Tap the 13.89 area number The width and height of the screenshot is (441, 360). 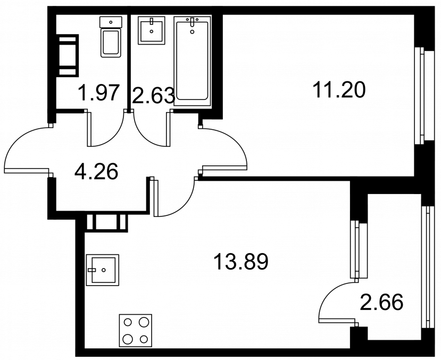[x=241, y=261]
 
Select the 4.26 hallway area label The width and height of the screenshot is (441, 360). [x=96, y=171]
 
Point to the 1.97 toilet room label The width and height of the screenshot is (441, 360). [x=98, y=92]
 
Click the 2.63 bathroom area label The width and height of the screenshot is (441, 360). [x=153, y=95]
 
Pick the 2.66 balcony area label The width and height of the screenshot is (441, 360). [x=381, y=302]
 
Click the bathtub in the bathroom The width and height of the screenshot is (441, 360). [x=193, y=61]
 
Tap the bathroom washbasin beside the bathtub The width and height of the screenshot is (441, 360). [x=151, y=30]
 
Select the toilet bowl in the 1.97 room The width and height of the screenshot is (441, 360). [x=111, y=42]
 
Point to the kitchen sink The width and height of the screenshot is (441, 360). [x=103, y=270]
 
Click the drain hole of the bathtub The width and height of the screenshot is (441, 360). [x=193, y=32]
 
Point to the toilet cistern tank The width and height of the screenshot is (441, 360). [x=111, y=22]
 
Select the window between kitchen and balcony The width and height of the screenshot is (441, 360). [x=359, y=249]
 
